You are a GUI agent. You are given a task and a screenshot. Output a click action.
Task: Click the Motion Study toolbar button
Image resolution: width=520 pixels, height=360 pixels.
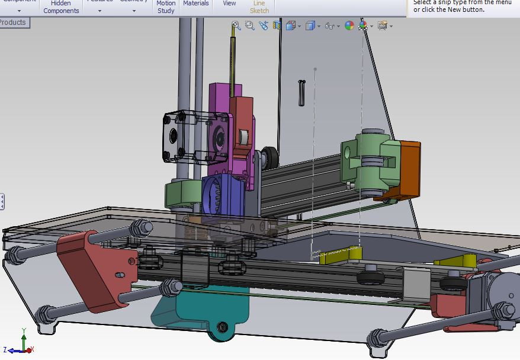(166, 7)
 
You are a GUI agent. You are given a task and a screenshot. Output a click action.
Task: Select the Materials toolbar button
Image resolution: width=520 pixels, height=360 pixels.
(195, 4)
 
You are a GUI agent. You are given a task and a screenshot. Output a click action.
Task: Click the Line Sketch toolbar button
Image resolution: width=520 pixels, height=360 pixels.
(259, 7)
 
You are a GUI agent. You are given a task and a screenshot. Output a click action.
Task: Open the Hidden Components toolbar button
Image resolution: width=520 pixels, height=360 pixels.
(61, 7)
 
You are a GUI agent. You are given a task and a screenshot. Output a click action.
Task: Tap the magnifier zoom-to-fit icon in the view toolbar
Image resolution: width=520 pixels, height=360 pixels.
(236, 25)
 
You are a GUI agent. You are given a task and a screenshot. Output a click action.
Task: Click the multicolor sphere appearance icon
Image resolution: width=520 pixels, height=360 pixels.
(349, 25)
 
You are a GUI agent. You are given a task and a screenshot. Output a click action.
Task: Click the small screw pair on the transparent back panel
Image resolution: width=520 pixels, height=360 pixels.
(302, 92)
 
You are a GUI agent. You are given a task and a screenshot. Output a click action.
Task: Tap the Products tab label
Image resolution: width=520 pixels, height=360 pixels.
(14, 22)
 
